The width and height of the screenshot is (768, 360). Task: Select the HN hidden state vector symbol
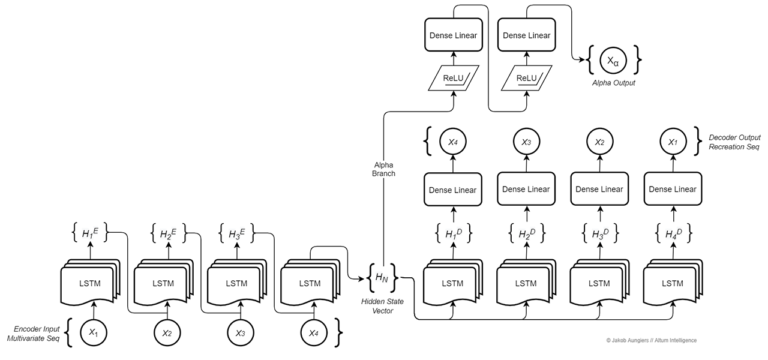382,277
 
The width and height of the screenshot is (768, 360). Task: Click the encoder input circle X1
93,332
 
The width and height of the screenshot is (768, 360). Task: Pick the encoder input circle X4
314,332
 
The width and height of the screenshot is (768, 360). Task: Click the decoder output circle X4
453,142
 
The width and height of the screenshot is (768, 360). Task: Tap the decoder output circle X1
673,142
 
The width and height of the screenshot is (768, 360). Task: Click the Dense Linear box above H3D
599,190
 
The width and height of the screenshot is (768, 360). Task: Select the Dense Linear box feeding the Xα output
526,35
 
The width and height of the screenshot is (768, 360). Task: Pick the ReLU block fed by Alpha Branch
453,78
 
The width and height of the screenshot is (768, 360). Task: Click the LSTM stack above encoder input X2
163,283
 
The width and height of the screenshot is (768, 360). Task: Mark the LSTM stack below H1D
452,283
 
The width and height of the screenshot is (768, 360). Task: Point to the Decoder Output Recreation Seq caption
734,142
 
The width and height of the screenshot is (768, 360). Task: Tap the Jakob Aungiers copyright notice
651,341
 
